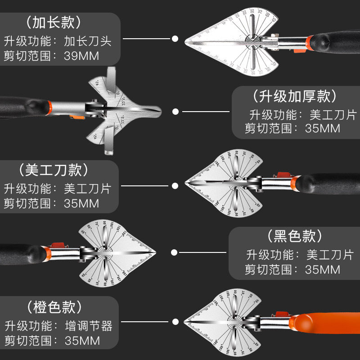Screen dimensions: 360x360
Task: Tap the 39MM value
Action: [x=81, y=56]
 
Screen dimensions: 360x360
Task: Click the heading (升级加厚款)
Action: [x=294, y=96]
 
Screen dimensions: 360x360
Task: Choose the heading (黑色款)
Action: [x=295, y=236]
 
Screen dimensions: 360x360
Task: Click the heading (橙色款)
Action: [x=54, y=308]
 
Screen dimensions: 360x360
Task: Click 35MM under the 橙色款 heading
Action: [x=81, y=340]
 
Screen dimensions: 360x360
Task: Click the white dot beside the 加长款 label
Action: [x=175, y=39]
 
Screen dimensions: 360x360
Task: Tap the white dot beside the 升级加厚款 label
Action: [x=175, y=111]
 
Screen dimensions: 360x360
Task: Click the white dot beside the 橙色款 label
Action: [x=175, y=322]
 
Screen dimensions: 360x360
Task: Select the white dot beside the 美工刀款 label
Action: [x=175, y=185]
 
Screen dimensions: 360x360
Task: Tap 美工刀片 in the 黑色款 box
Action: [x=329, y=254]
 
